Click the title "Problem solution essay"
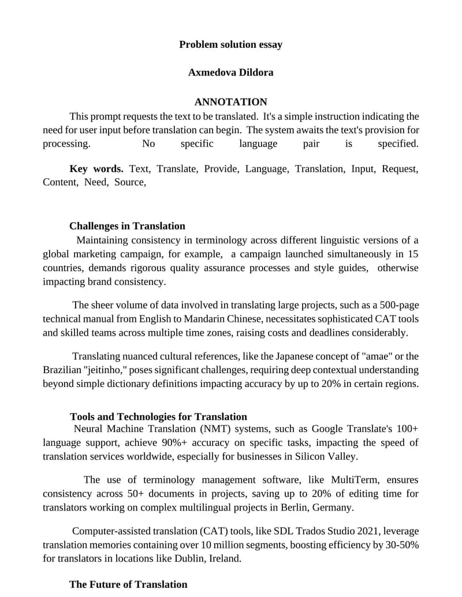click(230, 44)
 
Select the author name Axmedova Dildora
click(230, 73)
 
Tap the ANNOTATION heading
click(230, 102)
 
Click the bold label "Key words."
click(96, 169)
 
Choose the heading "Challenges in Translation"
click(127, 226)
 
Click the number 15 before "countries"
click(413, 254)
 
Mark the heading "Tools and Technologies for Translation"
click(158, 417)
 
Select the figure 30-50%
click(400, 545)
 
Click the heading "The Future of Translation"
click(128, 584)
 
